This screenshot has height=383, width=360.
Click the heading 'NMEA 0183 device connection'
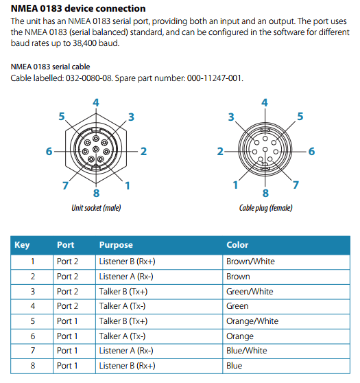click(x=78, y=8)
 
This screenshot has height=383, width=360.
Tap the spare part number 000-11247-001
click(x=215, y=78)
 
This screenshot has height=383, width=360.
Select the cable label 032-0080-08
click(x=88, y=78)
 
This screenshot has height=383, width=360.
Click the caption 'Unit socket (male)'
click(x=96, y=208)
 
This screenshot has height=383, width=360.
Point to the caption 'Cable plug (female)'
click(x=265, y=208)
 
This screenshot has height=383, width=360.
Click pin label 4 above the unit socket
click(x=96, y=102)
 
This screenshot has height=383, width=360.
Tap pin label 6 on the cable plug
click(x=312, y=152)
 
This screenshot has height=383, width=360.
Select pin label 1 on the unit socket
click(x=127, y=185)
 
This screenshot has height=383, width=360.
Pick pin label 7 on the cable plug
click(x=296, y=185)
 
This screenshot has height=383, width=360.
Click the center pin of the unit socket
click(x=96, y=149)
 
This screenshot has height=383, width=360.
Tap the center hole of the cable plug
click(x=265, y=150)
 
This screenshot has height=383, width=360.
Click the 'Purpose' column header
click(x=116, y=245)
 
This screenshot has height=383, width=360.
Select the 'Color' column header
click(x=237, y=245)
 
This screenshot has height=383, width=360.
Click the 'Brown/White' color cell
click(x=250, y=262)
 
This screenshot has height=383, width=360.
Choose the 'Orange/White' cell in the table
click(x=252, y=321)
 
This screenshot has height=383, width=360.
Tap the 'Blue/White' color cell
click(x=246, y=351)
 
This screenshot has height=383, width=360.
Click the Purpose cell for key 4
click(x=122, y=306)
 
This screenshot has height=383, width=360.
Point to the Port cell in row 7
click(x=67, y=351)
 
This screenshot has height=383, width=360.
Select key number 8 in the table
click(x=33, y=366)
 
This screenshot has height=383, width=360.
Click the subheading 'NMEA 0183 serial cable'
click(x=50, y=67)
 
